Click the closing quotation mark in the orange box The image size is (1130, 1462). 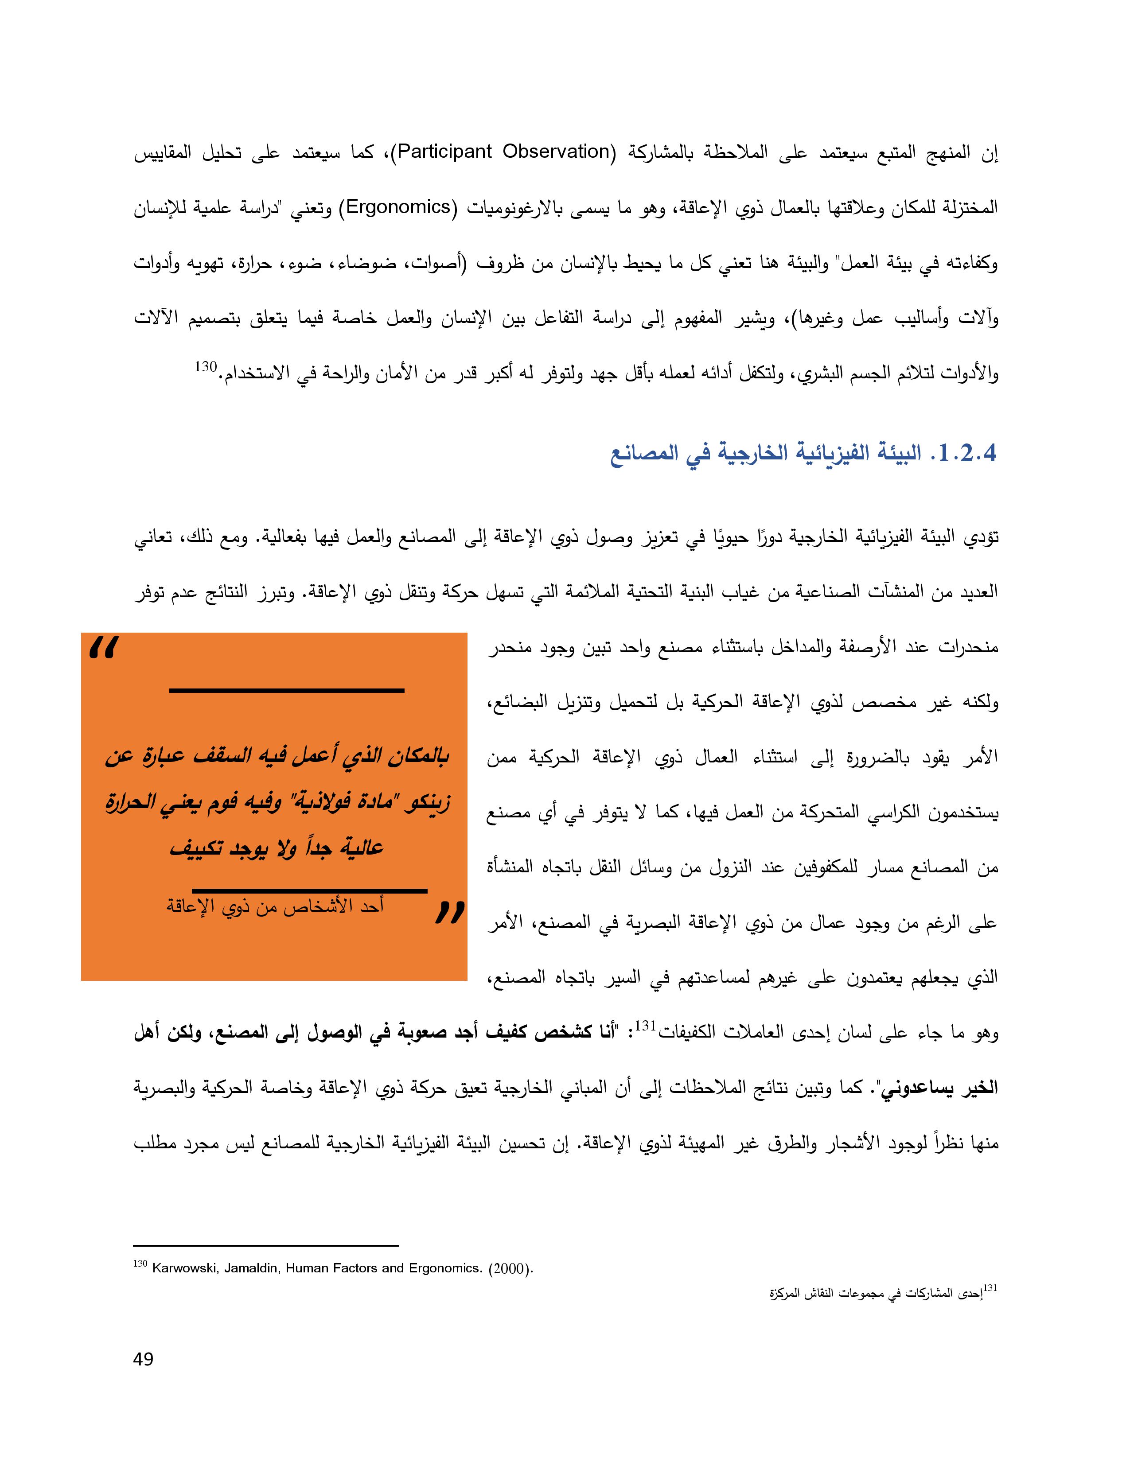pos(449,912)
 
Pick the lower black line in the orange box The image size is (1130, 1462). pos(309,891)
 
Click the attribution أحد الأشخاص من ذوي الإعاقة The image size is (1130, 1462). pos(275,907)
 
